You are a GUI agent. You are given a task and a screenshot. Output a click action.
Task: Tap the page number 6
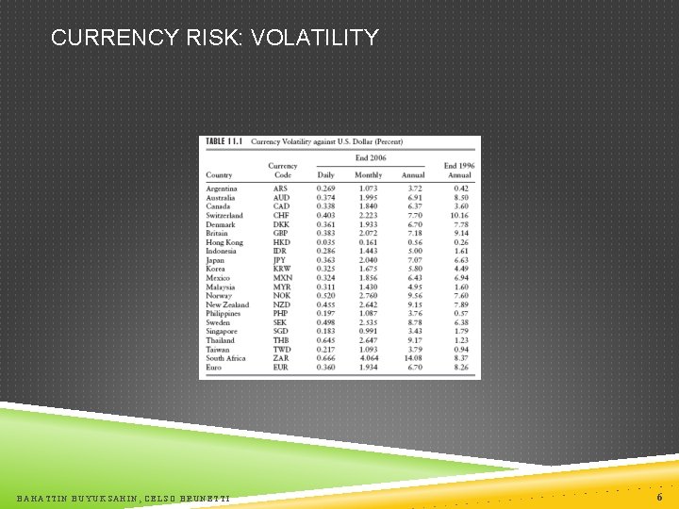(x=658, y=496)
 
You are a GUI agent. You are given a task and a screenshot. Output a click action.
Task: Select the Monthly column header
(x=369, y=175)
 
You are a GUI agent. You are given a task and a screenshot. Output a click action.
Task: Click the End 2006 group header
(x=371, y=158)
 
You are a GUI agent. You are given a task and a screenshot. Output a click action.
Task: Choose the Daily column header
(x=325, y=175)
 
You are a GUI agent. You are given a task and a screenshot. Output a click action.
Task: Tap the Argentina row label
(x=222, y=189)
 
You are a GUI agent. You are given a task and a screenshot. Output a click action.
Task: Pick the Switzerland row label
(x=224, y=216)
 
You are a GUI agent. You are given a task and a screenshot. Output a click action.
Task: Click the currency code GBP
(x=281, y=234)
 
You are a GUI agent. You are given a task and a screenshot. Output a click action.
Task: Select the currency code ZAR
(x=281, y=358)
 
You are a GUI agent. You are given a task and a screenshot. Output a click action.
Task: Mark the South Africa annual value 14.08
(x=413, y=358)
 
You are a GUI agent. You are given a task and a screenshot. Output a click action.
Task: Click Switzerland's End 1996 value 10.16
(x=458, y=216)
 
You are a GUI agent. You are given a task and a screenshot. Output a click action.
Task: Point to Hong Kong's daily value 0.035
(x=325, y=242)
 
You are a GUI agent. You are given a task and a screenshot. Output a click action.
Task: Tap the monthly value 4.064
(x=369, y=358)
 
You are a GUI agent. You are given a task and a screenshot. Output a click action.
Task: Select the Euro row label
(x=214, y=368)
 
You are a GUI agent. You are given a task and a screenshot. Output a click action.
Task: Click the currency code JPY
(x=280, y=260)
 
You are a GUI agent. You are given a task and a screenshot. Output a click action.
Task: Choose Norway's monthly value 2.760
(x=369, y=296)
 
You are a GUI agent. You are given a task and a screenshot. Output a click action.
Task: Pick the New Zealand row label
(x=227, y=305)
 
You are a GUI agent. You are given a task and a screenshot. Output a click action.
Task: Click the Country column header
(x=219, y=175)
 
